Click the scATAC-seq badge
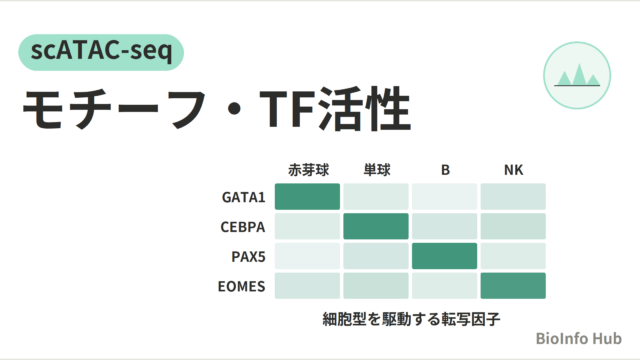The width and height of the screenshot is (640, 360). (x=101, y=52)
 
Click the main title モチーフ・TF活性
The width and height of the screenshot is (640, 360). (x=217, y=109)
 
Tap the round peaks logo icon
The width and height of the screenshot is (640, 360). (x=577, y=76)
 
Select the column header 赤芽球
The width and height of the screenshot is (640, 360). (x=308, y=170)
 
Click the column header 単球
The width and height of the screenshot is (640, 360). (x=377, y=170)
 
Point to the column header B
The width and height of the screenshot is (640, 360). (x=445, y=170)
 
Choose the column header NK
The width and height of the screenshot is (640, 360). (x=513, y=170)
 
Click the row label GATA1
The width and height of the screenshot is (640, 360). (x=243, y=197)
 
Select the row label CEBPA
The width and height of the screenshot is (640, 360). (x=242, y=227)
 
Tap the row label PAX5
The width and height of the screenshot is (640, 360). (x=248, y=256)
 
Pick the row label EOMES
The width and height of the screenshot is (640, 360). (x=242, y=286)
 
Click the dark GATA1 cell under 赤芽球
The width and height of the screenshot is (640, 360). (x=307, y=197)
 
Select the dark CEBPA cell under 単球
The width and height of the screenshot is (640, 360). (x=376, y=226)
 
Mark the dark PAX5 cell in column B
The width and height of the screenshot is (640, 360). (x=444, y=256)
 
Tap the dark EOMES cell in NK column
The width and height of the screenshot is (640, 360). (x=513, y=286)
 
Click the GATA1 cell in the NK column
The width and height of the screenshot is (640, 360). (x=513, y=197)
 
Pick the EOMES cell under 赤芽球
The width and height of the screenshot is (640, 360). (x=307, y=286)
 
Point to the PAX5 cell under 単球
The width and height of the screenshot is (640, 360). (x=376, y=256)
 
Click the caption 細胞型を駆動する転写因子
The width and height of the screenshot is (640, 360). (x=411, y=319)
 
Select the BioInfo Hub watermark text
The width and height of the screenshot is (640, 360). (x=578, y=338)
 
